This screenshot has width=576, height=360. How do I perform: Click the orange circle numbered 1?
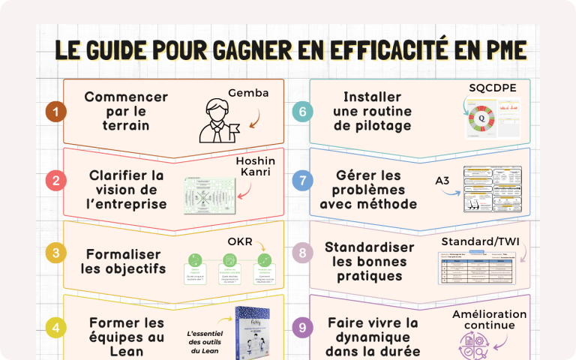coord(55,112)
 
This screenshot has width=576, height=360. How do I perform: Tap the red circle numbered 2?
coord(55,181)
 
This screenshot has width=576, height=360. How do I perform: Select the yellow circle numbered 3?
coord(55,253)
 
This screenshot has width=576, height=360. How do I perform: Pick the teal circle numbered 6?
coord(301,112)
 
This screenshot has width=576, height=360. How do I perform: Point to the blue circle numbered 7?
coord(301,181)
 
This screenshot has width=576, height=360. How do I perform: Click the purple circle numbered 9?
coord(301,327)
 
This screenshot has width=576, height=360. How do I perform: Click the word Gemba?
coord(247,93)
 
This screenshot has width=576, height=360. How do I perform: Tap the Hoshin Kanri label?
coord(255,167)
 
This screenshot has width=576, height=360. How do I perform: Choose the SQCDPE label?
coord(492,88)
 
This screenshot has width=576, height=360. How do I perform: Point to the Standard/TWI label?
coord(483,241)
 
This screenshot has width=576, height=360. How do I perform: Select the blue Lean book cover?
coord(252,335)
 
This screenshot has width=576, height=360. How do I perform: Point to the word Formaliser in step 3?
coord(123,253)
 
